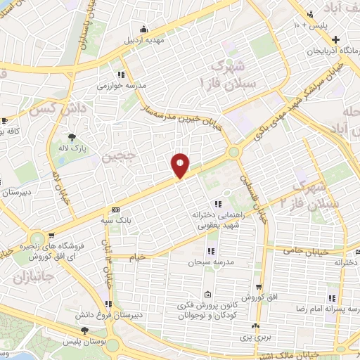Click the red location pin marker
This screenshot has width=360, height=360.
[x=180, y=165]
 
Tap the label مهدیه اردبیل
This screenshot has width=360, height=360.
[x=144, y=39]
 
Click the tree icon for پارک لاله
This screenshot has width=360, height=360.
[x=72, y=136]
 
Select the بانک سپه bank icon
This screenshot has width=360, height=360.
[x=115, y=210]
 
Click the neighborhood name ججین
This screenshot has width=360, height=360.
[x=117, y=156]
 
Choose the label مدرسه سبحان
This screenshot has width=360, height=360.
[x=209, y=262]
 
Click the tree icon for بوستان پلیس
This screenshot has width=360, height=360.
[x=84, y=330]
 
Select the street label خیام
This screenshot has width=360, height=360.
[x=138, y=257]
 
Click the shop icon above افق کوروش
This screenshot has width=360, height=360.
[x=259, y=287]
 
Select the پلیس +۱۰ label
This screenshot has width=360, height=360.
[x=310, y=26]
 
